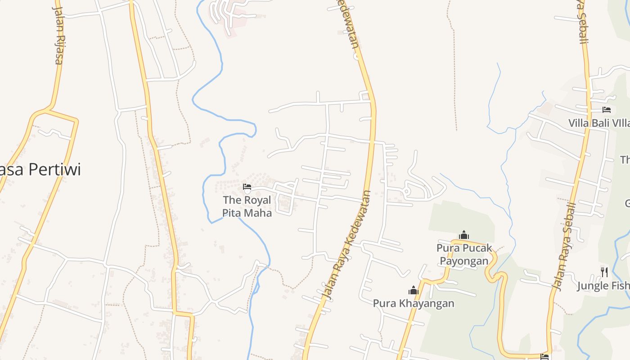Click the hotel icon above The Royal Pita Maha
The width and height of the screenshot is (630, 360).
click(x=247, y=187)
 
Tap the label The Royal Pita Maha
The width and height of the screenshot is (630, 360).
click(x=247, y=206)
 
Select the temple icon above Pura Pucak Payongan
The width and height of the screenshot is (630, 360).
click(x=464, y=235)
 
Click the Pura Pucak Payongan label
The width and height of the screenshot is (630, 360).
click(x=464, y=254)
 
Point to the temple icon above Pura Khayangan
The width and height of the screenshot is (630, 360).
click(x=414, y=291)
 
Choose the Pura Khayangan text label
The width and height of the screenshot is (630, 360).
click(x=414, y=303)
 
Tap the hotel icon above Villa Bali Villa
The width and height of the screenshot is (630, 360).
click(x=607, y=110)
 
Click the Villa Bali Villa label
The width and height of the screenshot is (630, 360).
click(x=598, y=123)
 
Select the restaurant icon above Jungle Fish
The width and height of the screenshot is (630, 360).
click(x=604, y=272)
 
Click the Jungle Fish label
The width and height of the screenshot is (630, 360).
click(x=603, y=286)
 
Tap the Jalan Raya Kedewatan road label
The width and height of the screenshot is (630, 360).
click(x=348, y=245)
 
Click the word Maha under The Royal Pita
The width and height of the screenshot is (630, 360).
click(x=258, y=212)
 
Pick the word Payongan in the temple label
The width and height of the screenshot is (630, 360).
click(x=464, y=261)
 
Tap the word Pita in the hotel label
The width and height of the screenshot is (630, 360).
click(x=232, y=212)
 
